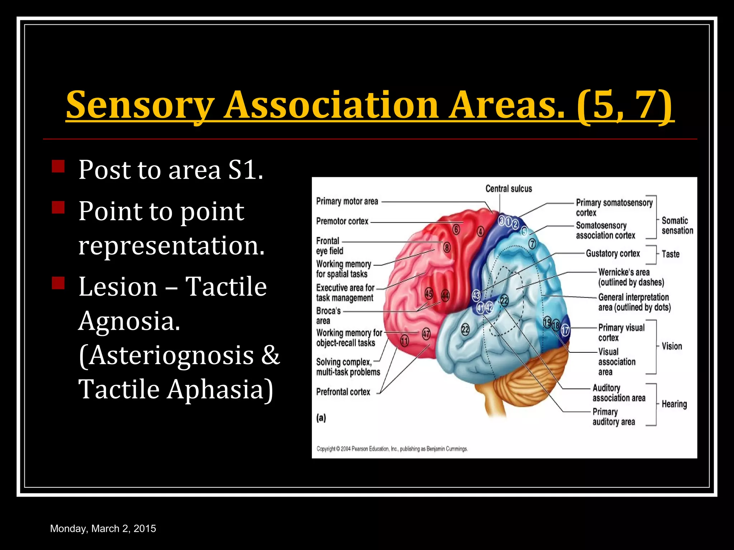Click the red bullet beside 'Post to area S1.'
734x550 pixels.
tap(58, 167)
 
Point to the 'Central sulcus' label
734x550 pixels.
tap(509, 189)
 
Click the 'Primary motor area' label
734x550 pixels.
tap(347, 201)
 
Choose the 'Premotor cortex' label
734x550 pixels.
tap(342, 221)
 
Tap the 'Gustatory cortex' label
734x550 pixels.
tap(613, 254)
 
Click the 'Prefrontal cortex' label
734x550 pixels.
tap(343, 392)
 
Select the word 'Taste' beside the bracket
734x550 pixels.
tap(671, 254)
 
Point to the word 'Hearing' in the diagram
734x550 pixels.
tap(674, 404)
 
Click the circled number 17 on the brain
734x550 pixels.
tap(565, 329)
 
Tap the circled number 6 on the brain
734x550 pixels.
tap(456, 229)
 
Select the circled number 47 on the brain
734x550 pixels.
tap(426, 334)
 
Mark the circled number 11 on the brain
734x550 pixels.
tap(404, 341)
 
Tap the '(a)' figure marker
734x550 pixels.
tap(321, 418)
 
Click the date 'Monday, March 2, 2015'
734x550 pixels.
tap(103, 529)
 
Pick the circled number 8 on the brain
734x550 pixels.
tap(447, 247)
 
